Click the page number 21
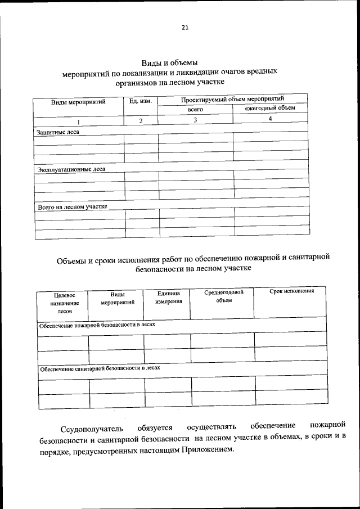tap(185, 28)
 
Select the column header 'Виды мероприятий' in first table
tap(79, 102)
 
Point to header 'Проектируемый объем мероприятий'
tap(232, 99)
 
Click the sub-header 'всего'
tap(195, 109)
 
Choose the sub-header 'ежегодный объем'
tap(269, 108)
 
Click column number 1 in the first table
tap(79, 121)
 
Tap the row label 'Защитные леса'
tap(58, 132)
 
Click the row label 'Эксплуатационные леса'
tap(71, 169)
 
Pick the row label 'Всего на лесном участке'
tap(73, 206)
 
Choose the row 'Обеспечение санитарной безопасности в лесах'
tap(100, 368)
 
